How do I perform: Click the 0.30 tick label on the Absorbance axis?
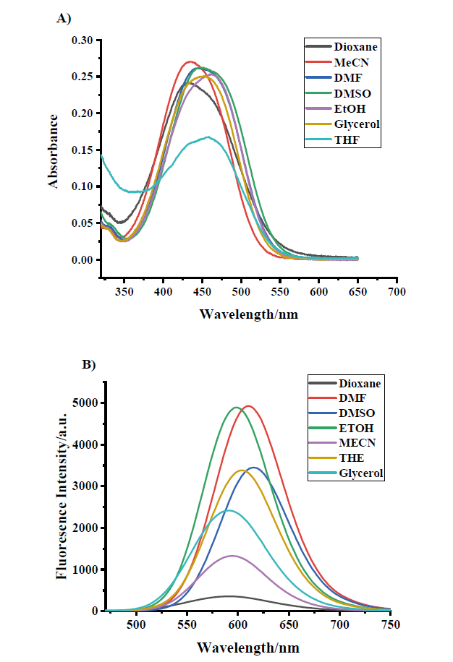click(82, 40)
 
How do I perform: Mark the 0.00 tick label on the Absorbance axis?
click(82, 260)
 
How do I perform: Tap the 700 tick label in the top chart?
click(396, 292)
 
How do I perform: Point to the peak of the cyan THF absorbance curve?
click(208, 137)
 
